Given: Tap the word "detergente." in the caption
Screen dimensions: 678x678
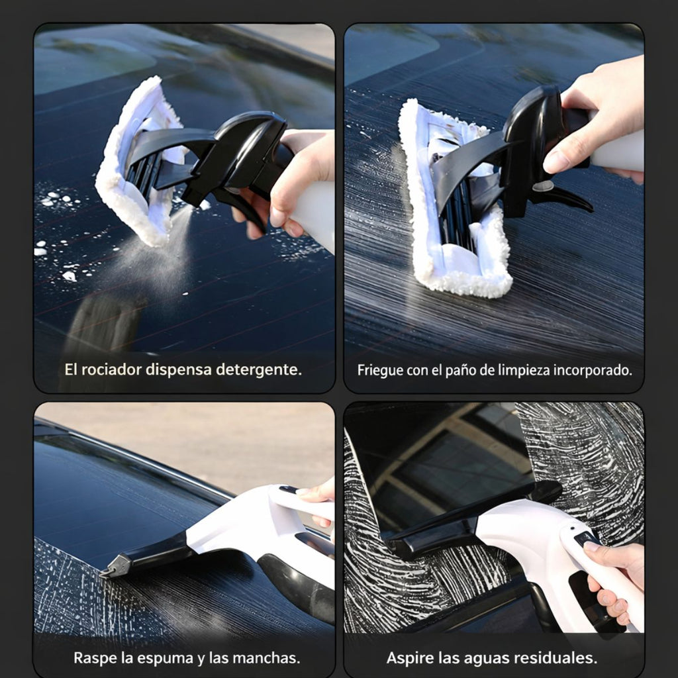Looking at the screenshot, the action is click(x=259, y=369).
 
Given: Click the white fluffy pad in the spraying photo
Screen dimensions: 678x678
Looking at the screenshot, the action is click(x=138, y=164).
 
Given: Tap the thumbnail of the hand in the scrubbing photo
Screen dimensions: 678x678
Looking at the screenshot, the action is click(x=556, y=162).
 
